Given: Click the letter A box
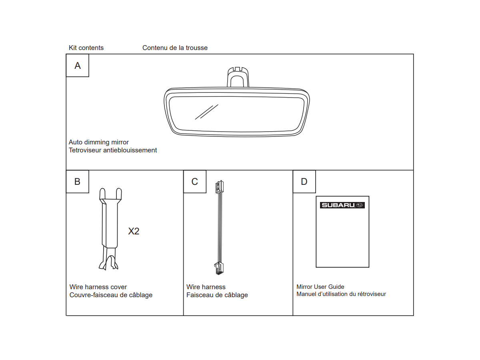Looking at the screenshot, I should (78, 66).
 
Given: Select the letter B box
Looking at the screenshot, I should (78, 182).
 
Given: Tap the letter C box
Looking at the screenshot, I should (195, 182).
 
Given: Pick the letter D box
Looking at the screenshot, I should (304, 182).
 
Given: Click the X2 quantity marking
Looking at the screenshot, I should (134, 231).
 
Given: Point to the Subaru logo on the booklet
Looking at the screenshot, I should (342, 205).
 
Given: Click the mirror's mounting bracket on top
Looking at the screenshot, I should (238, 77).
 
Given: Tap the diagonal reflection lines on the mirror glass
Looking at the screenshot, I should (206, 112).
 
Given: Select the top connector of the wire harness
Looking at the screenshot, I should (219, 186).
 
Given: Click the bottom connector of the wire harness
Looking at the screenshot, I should (219, 268).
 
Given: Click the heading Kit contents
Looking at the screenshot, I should (86, 48).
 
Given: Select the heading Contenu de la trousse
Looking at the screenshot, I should (175, 48).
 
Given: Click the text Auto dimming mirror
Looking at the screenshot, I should (99, 142).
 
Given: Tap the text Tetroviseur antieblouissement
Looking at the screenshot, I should (113, 150).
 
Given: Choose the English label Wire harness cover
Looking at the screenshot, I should (98, 287).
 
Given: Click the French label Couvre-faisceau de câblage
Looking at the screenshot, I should (111, 295).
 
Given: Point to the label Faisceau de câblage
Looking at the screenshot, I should (217, 295).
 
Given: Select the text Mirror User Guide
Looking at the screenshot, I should (320, 287).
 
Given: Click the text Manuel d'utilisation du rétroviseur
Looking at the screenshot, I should (341, 294).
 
